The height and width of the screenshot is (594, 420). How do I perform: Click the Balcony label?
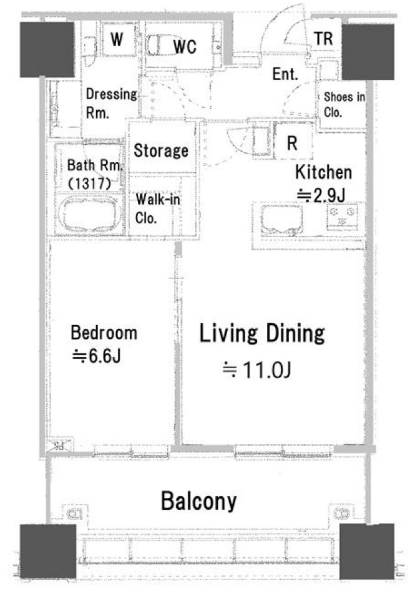(198, 501)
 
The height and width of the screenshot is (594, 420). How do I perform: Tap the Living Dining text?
(262, 333)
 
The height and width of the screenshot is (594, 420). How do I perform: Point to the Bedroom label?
(104, 333)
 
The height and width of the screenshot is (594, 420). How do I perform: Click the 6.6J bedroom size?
(97, 356)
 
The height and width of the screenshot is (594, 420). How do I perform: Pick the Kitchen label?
(323, 172)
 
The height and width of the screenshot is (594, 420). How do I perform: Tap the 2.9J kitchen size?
(321, 195)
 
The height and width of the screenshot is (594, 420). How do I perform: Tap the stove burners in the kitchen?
(343, 216)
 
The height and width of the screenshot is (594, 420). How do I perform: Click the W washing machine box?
(117, 39)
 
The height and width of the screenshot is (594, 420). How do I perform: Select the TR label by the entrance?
(323, 38)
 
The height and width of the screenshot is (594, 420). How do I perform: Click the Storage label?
(161, 151)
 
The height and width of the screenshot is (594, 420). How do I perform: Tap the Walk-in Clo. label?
(157, 208)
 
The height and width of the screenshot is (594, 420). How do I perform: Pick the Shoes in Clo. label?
(344, 105)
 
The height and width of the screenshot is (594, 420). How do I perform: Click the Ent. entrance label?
(285, 74)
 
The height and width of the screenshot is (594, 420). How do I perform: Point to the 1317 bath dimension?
(89, 184)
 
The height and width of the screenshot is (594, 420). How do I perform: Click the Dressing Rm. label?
(111, 103)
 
